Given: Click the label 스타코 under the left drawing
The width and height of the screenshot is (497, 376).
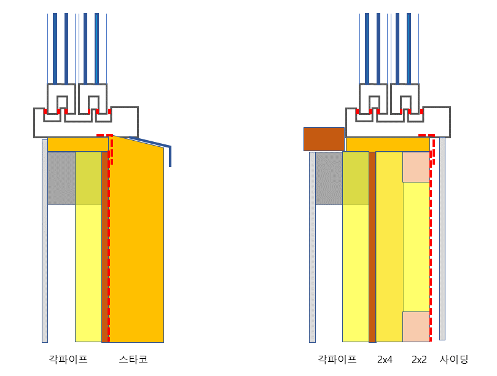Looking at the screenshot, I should (x=133, y=359).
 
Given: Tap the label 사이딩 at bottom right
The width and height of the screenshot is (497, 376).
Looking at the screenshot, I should (x=454, y=359).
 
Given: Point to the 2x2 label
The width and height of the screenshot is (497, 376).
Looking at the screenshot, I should (x=419, y=359).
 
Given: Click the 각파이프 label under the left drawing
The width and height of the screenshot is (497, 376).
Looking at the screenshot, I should (x=68, y=359).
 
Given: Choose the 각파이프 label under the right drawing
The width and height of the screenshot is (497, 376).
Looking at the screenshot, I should (x=337, y=359).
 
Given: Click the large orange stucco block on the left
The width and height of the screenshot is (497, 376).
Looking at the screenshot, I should (x=138, y=246).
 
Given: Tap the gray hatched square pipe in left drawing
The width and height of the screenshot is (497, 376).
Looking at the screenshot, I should (x=61, y=178).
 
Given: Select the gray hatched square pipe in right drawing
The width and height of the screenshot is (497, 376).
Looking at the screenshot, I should (x=329, y=178).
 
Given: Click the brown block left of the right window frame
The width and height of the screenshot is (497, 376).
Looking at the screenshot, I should (x=324, y=139).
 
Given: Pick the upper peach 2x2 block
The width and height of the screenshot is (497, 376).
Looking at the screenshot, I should (x=417, y=166).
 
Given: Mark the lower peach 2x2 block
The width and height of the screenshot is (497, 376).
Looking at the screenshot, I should (x=417, y=326).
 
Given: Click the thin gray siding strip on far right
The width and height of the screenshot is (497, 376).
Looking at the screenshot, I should (x=442, y=246).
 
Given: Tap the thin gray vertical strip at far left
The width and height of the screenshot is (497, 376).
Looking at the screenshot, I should (x=45, y=246).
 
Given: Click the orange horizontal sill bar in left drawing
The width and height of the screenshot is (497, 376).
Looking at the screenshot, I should (x=78, y=144).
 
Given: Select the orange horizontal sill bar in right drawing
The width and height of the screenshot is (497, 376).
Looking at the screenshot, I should (x=388, y=144).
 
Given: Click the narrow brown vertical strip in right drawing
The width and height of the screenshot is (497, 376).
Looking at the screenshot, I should (x=372, y=246).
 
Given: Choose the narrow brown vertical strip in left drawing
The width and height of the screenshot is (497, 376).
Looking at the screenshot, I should (x=104, y=246).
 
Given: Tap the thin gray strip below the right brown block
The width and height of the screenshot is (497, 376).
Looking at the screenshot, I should (x=312, y=246).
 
